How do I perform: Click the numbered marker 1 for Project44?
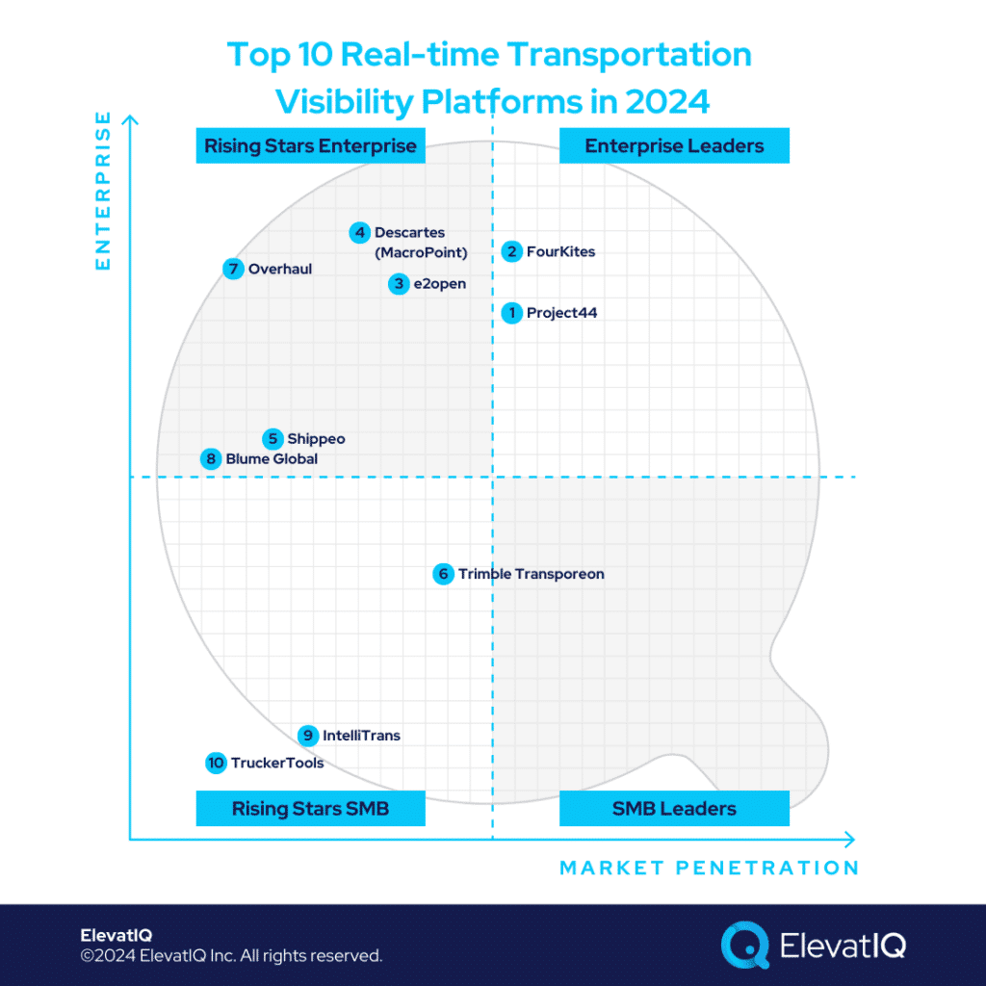pyautogui.click(x=512, y=312)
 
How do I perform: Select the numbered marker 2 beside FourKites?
pyautogui.click(x=512, y=251)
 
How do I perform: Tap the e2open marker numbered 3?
pyautogui.click(x=399, y=284)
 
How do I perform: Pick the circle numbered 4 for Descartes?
pyautogui.click(x=359, y=232)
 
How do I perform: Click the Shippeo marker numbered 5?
pyautogui.click(x=273, y=439)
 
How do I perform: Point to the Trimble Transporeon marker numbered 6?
pyautogui.click(x=443, y=574)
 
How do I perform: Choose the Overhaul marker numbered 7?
pyautogui.click(x=233, y=269)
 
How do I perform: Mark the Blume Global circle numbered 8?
pyautogui.click(x=211, y=459)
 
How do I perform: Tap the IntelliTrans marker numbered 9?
pyautogui.click(x=307, y=736)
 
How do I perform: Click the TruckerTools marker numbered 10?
pyautogui.click(x=216, y=764)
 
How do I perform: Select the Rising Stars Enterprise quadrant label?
pyautogui.click(x=310, y=146)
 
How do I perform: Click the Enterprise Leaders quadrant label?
pyautogui.click(x=674, y=146)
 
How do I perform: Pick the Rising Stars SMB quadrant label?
pyautogui.click(x=310, y=809)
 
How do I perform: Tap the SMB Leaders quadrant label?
pyautogui.click(x=674, y=809)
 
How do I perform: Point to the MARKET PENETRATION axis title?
pyautogui.click(x=709, y=868)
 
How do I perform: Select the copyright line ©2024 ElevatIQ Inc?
pyautogui.click(x=231, y=956)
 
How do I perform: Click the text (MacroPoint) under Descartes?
pyautogui.click(x=421, y=253)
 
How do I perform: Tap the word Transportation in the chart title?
pyautogui.click(x=630, y=55)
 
